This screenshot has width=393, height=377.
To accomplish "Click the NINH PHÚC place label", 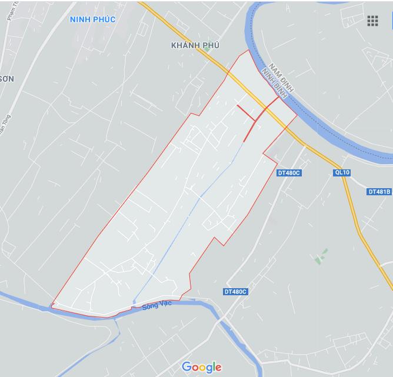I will pos(92,19).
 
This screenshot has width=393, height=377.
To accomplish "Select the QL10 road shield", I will pos(341,172).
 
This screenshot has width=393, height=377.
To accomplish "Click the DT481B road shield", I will pos(379,192).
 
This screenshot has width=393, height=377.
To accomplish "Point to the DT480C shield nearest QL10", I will pos(289,173).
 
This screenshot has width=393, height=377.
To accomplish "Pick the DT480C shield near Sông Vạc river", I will pos(236,292).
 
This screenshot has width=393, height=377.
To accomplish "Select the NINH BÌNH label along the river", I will pos(274,83).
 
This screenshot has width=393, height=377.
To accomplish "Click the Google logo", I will pos(202,367).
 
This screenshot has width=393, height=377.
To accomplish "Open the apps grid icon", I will pos(372,21).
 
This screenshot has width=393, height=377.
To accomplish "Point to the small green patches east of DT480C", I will pos(321,256).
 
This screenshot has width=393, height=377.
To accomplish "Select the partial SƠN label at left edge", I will pos(6,78).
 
